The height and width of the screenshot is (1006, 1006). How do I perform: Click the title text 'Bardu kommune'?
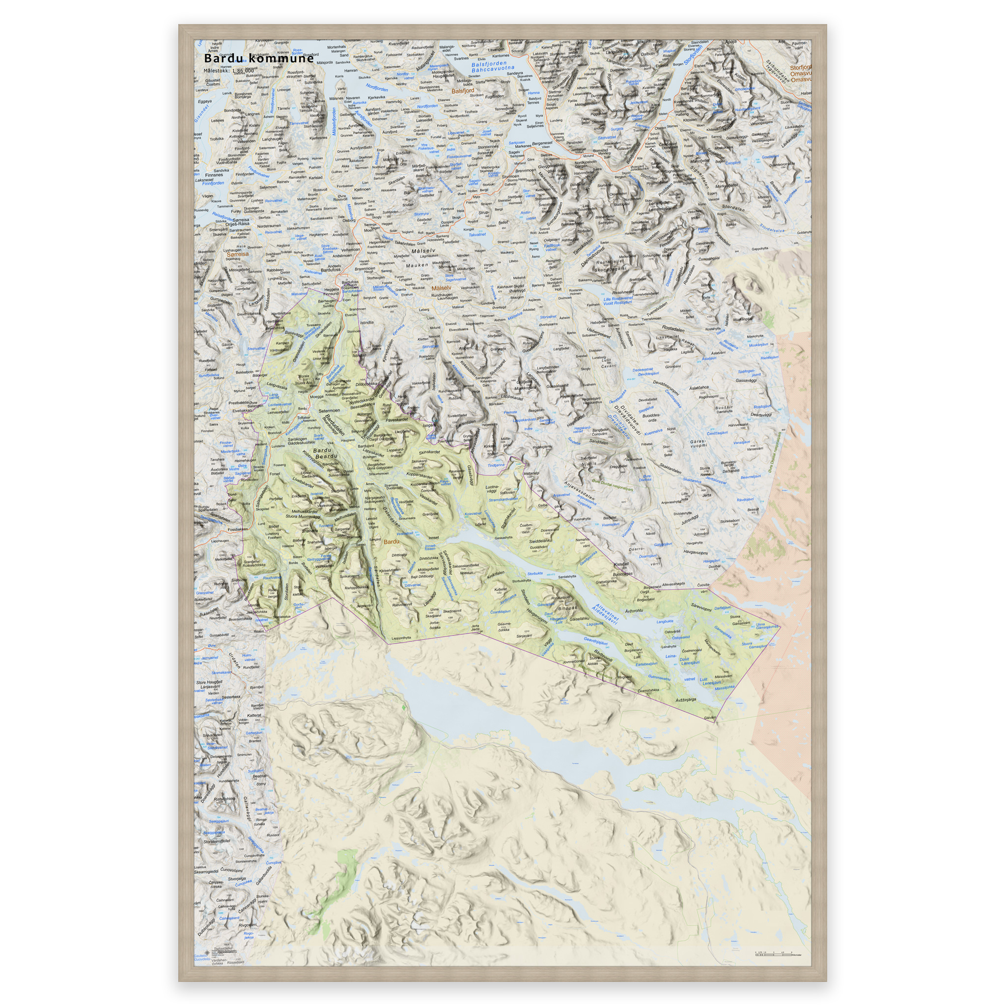tap(259, 58)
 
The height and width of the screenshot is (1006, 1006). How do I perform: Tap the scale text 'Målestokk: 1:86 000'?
tap(228, 70)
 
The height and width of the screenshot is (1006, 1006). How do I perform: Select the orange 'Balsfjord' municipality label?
tap(463, 90)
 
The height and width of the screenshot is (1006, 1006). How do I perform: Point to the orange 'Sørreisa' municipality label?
tap(236, 254)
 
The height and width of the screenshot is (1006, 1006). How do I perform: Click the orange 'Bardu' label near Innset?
tap(391, 541)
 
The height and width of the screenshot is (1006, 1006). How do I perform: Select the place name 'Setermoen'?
tap(329, 410)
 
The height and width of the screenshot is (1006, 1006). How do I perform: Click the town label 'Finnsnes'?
tap(214, 175)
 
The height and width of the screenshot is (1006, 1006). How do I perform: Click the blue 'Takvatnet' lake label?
tap(477, 235)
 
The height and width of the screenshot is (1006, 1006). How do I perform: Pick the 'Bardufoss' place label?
tap(331, 270)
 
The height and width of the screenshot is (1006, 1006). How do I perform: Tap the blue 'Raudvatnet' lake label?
tap(271, 578)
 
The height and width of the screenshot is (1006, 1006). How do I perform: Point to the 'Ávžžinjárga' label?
tap(686, 700)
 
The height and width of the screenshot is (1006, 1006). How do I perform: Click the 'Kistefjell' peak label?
tap(621, 563)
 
